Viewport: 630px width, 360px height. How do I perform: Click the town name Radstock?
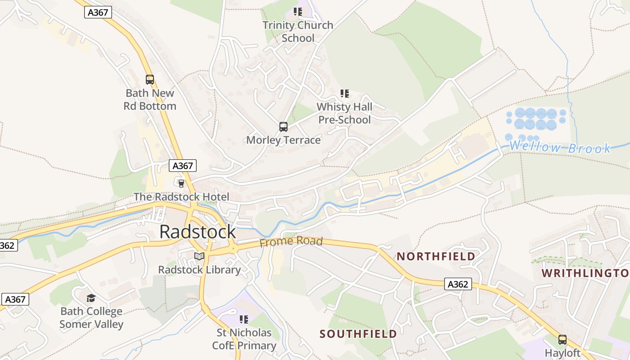(198, 232)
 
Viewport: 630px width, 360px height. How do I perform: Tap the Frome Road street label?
(291, 242)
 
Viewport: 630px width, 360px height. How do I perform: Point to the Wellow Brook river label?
(560, 147)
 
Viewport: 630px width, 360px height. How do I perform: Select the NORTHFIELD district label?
(436, 256)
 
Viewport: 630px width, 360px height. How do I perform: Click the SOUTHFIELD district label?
(358, 334)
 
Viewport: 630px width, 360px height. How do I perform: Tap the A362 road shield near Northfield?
(458, 284)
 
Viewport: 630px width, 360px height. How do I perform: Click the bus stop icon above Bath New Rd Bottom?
(150, 80)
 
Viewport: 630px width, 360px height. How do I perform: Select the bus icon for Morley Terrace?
(283, 127)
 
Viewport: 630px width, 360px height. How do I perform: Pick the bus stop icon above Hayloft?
(562, 340)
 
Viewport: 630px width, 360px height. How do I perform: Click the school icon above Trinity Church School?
(297, 12)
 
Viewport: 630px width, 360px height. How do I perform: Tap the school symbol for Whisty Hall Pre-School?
(344, 94)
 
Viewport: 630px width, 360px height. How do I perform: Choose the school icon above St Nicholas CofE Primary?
(244, 319)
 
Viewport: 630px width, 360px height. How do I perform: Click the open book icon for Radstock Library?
(199, 256)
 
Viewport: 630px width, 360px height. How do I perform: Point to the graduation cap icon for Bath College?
(91, 298)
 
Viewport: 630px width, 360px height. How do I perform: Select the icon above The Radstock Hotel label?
(181, 183)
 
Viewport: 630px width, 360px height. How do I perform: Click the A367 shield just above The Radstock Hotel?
(183, 166)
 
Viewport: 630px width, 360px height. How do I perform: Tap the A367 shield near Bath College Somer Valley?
(15, 299)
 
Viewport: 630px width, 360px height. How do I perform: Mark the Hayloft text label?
(562, 353)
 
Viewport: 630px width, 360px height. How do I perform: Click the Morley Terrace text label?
(283, 140)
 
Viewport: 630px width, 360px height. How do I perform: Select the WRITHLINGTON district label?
(585, 273)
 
